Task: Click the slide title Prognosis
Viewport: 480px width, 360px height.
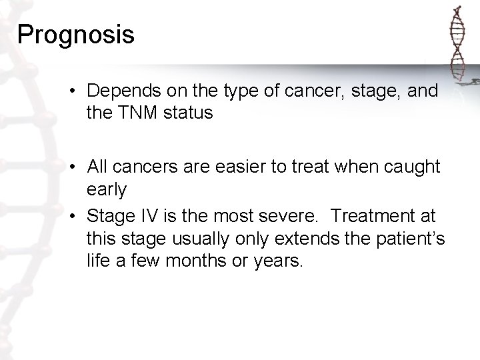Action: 76,35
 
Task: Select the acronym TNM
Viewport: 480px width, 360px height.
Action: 137,113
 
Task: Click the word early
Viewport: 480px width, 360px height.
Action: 106,189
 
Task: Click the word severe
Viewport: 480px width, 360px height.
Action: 293,216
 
